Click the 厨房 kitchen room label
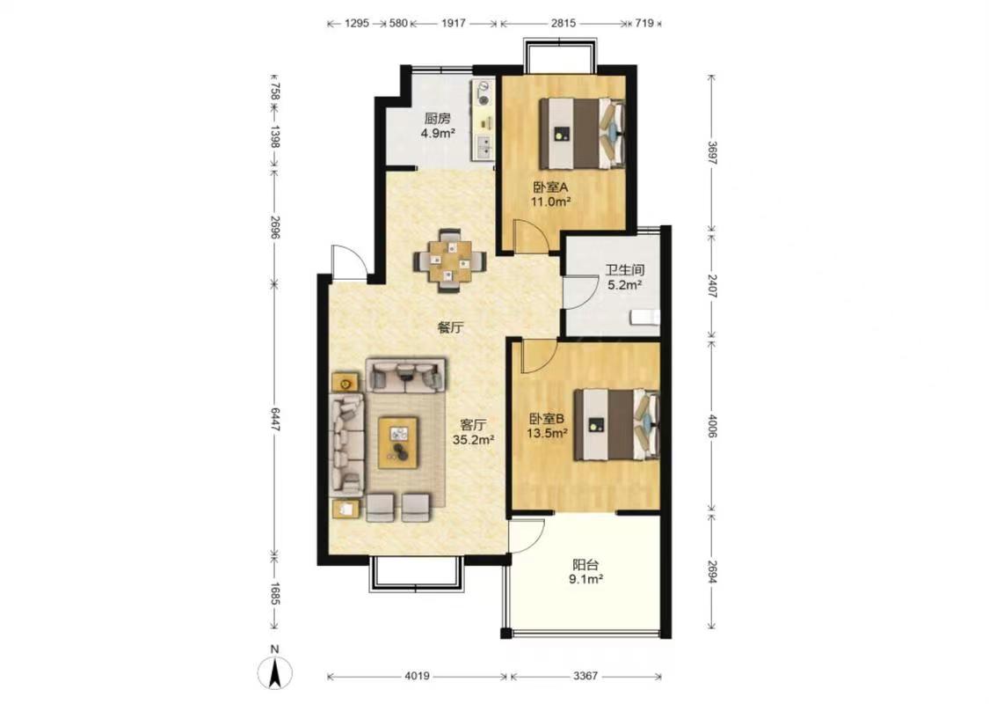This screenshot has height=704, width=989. coord(437,118)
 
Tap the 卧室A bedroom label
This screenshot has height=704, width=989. coord(550,187)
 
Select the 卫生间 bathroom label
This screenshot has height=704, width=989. coord(624,270)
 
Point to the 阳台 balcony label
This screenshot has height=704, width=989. coord(585,564)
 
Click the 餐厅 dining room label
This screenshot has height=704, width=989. coord(451,327)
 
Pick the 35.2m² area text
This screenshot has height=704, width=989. coord(473,440)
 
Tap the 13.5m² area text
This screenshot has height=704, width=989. coord(548,433)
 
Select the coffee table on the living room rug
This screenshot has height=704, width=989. coord(398,442)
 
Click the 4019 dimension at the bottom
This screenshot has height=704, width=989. coord(417,676)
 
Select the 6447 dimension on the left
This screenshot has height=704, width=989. coord(275,419)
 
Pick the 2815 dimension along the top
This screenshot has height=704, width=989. coord(564,24)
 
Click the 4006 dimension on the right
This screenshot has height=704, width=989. coord(712,426)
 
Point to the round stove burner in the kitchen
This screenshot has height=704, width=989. coord(484,99)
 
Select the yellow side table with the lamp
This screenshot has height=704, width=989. coord(345,383)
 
